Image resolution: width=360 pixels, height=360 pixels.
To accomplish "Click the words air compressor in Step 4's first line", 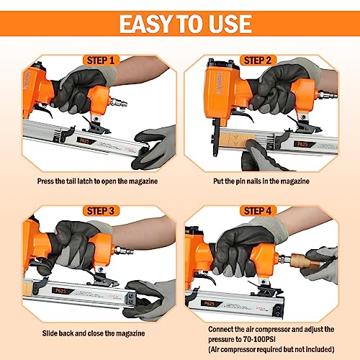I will [x=260, y=328].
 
